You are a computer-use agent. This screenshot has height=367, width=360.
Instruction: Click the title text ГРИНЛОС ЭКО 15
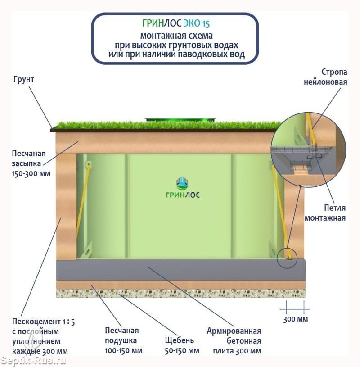[x=175, y=24]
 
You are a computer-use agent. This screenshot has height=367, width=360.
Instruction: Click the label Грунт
[x=23, y=79]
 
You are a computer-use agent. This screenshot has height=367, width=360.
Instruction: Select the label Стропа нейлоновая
[x=334, y=77]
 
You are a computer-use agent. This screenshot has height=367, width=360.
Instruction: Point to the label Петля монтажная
[x=325, y=213]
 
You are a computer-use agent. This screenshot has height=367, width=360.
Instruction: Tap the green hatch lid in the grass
[x=180, y=120]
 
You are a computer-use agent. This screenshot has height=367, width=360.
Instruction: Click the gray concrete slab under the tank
[x=180, y=269]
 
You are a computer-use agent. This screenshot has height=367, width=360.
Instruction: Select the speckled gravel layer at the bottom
[x=180, y=293]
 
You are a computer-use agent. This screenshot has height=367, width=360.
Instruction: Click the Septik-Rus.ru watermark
[x=34, y=360]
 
